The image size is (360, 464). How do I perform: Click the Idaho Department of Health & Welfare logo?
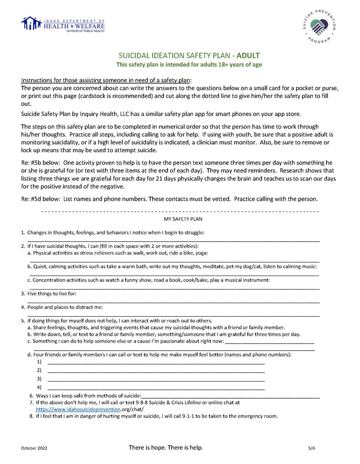click(x=63, y=24)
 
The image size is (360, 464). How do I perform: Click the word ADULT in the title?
click(x=248, y=56)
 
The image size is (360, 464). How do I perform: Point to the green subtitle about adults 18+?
click(x=189, y=65)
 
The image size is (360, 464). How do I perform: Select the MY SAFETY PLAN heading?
click(x=183, y=219)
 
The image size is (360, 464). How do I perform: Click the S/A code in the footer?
click(x=311, y=448)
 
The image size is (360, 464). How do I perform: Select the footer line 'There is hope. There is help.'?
click(x=166, y=448)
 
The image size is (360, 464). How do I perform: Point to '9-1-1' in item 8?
click(x=194, y=416)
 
